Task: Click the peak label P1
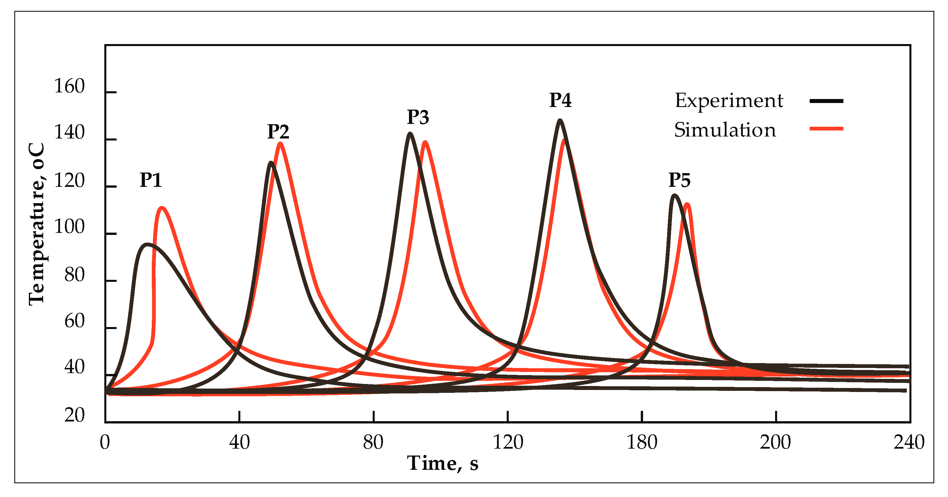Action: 151,180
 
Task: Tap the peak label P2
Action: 278,132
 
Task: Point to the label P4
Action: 560,100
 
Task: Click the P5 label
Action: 679,180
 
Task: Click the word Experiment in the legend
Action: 729,101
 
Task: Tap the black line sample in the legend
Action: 826,101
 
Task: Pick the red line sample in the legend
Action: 826,128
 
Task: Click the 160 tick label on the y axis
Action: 69,87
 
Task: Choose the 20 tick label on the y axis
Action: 74,415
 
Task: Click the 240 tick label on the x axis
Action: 909,442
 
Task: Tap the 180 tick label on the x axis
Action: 642,442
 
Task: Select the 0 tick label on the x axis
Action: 105,442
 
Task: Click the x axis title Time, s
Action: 443,463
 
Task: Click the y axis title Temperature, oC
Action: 37,224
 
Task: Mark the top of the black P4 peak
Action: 560,120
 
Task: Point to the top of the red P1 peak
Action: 162,208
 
